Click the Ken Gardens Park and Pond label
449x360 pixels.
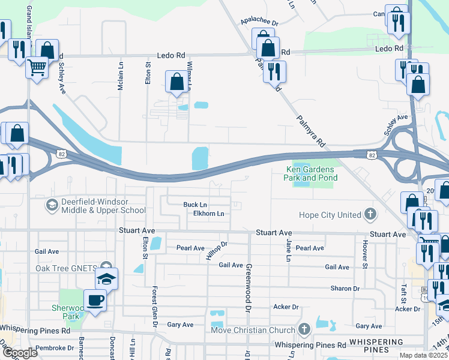click(311, 173)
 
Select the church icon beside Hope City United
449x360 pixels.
click(371, 215)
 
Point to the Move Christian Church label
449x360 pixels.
click(253, 330)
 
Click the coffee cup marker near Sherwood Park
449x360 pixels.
click(95, 299)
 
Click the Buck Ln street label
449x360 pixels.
click(195, 205)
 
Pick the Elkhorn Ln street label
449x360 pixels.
click(208, 214)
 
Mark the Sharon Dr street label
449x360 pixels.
click(345, 289)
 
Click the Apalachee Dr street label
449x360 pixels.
click(260, 22)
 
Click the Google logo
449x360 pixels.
click(19, 353)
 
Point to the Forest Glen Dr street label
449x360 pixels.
click(154, 306)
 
